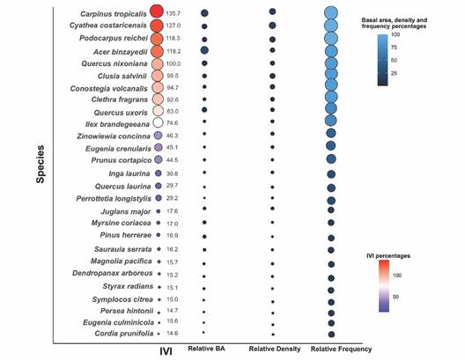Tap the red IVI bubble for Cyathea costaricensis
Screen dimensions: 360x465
[157, 26]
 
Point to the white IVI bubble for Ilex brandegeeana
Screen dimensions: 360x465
[158, 123]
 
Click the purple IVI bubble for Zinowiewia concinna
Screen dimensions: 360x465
[158, 136]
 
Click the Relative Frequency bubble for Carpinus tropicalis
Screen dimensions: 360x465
[331, 13]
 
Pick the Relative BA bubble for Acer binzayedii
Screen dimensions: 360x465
[204, 51]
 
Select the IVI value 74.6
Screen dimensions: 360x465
[173, 124]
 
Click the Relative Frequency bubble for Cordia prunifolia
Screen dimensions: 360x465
[331, 334]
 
